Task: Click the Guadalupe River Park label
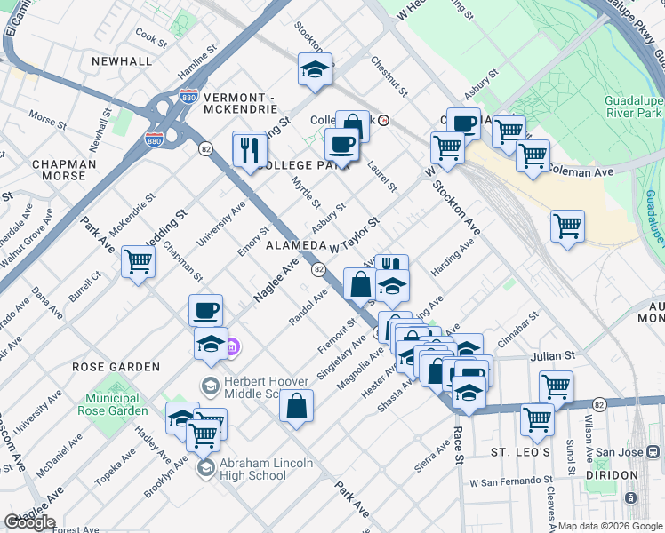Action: point(634,107)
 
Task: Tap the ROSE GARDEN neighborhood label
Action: point(116,367)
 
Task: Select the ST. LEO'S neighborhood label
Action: point(524,453)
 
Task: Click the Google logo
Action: point(29,522)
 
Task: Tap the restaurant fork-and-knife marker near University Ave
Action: point(250,148)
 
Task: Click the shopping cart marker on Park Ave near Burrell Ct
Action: point(139,262)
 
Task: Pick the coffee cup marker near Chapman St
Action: point(205,310)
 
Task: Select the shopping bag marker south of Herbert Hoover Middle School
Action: point(296,407)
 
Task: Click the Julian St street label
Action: point(549,357)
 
